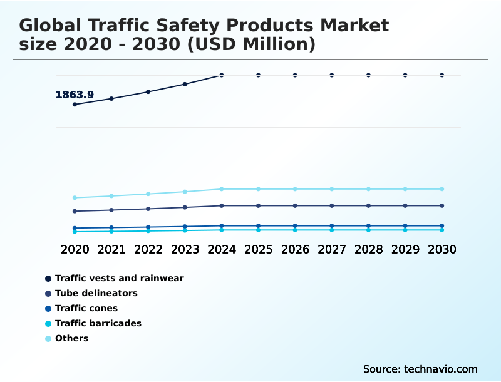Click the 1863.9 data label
tap(75, 95)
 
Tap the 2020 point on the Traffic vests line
tap(75, 105)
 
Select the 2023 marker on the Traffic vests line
tap(185, 84)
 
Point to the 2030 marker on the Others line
tap(442, 189)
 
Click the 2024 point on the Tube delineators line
tap(222, 205)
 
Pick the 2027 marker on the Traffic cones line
tap(332, 225)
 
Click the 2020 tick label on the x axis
tap(75, 249)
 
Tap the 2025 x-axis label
tap(258, 249)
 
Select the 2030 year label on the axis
tap(442, 249)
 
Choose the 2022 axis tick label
tap(148, 249)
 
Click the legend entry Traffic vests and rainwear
tap(119, 278)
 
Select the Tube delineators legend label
tap(96, 293)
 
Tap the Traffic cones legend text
tap(86, 308)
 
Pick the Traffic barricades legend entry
tap(98, 323)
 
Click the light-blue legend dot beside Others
tap(48, 339)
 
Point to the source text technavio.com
tap(420, 369)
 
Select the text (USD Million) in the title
tap(252, 44)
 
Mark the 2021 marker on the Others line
tap(111, 196)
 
